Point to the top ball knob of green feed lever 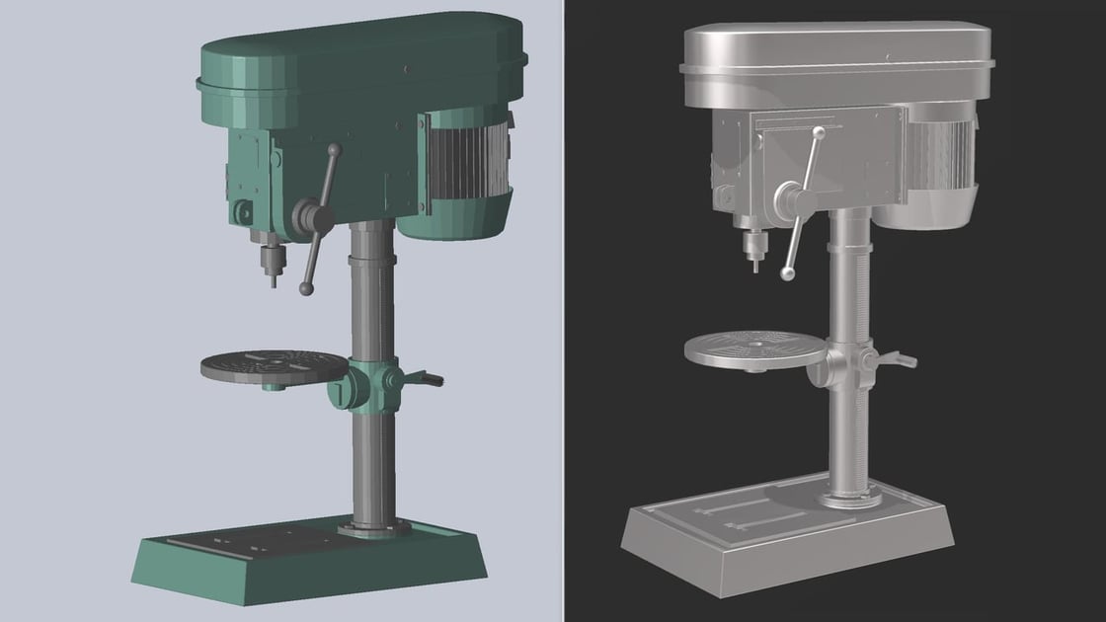[335, 150]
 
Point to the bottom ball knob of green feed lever [306, 289]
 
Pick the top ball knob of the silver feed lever [818, 131]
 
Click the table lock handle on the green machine [425, 378]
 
